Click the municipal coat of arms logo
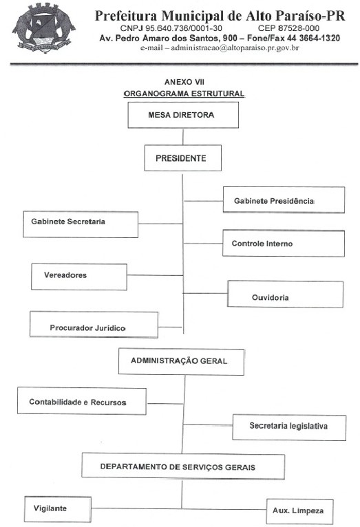point(43,28)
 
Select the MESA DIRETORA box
point(183,115)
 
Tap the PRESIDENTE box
point(183,158)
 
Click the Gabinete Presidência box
point(284,200)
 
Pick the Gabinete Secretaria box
point(81,224)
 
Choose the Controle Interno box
point(284,244)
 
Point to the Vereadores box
point(79,277)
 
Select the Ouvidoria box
point(286,294)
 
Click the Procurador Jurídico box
point(94,324)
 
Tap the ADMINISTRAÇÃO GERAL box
point(181,362)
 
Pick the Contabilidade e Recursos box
point(82,401)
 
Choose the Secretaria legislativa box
point(289,427)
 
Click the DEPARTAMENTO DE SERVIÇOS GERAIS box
point(183,466)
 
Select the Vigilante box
point(58,509)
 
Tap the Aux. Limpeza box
point(300,512)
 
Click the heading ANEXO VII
point(184,82)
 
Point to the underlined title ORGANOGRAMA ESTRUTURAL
point(184,94)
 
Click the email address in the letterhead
point(235,47)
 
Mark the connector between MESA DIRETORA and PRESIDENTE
point(183,136)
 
